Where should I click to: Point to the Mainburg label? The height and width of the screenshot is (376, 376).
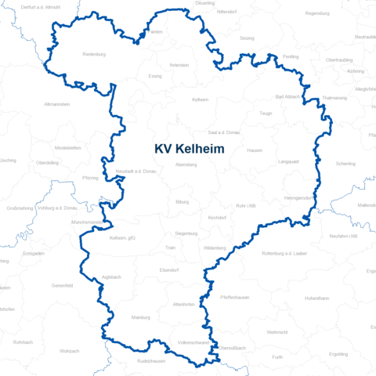coord(140,318)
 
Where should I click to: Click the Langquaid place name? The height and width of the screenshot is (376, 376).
coord(288,161)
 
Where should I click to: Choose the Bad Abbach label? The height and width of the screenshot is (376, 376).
coord(289,96)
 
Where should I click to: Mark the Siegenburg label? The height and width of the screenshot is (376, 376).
coord(186,233)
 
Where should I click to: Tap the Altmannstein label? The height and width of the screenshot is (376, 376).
coord(58,103)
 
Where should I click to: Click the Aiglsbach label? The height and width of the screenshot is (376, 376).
coord(110,277)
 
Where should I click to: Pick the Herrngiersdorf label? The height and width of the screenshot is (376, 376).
coord(299,197)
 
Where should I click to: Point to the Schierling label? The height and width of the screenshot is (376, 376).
coord(345,164)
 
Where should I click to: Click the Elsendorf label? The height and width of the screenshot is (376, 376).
coord(169,269)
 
